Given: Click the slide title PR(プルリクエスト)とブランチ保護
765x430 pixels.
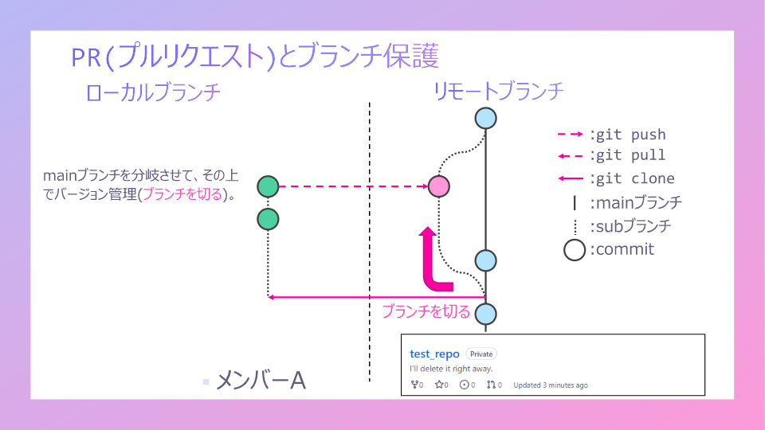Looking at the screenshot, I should pyautogui.click(x=254, y=57).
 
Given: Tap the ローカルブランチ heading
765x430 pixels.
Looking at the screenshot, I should pyautogui.click(x=152, y=92).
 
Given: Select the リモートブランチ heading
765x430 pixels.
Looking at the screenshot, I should pyautogui.click(x=499, y=92).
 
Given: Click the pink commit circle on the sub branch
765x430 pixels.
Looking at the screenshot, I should pyautogui.click(x=439, y=186).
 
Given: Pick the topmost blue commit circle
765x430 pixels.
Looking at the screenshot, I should pyautogui.click(x=486, y=119).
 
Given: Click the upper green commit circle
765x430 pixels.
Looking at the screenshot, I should pyautogui.click(x=269, y=186).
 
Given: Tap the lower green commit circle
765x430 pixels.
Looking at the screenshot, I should pyautogui.click(x=269, y=218).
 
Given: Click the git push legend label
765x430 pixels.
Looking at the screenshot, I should pyautogui.click(x=627, y=135).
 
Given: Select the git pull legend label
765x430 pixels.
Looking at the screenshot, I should pyautogui.click(x=627, y=155).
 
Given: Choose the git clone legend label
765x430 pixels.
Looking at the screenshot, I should pyautogui.click(x=631, y=178).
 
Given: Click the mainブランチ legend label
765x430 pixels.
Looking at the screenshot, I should pyautogui.click(x=635, y=202).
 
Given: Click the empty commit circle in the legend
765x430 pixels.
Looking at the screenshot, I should pyautogui.click(x=575, y=250).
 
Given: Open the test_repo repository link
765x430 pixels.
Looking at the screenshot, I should pyautogui.click(x=434, y=354).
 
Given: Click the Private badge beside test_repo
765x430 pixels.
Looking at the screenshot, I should pyautogui.click(x=481, y=354).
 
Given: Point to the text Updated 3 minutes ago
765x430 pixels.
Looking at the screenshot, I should pyautogui.click(x=551, y=385).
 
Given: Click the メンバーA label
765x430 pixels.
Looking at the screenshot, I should pyautogui.click(x=261, y=381).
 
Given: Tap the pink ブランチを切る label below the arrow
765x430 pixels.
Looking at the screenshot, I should pyautogui.click(x=426, y=311).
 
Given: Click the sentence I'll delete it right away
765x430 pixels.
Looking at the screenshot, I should pyautogui.click(x=451, y=369).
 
